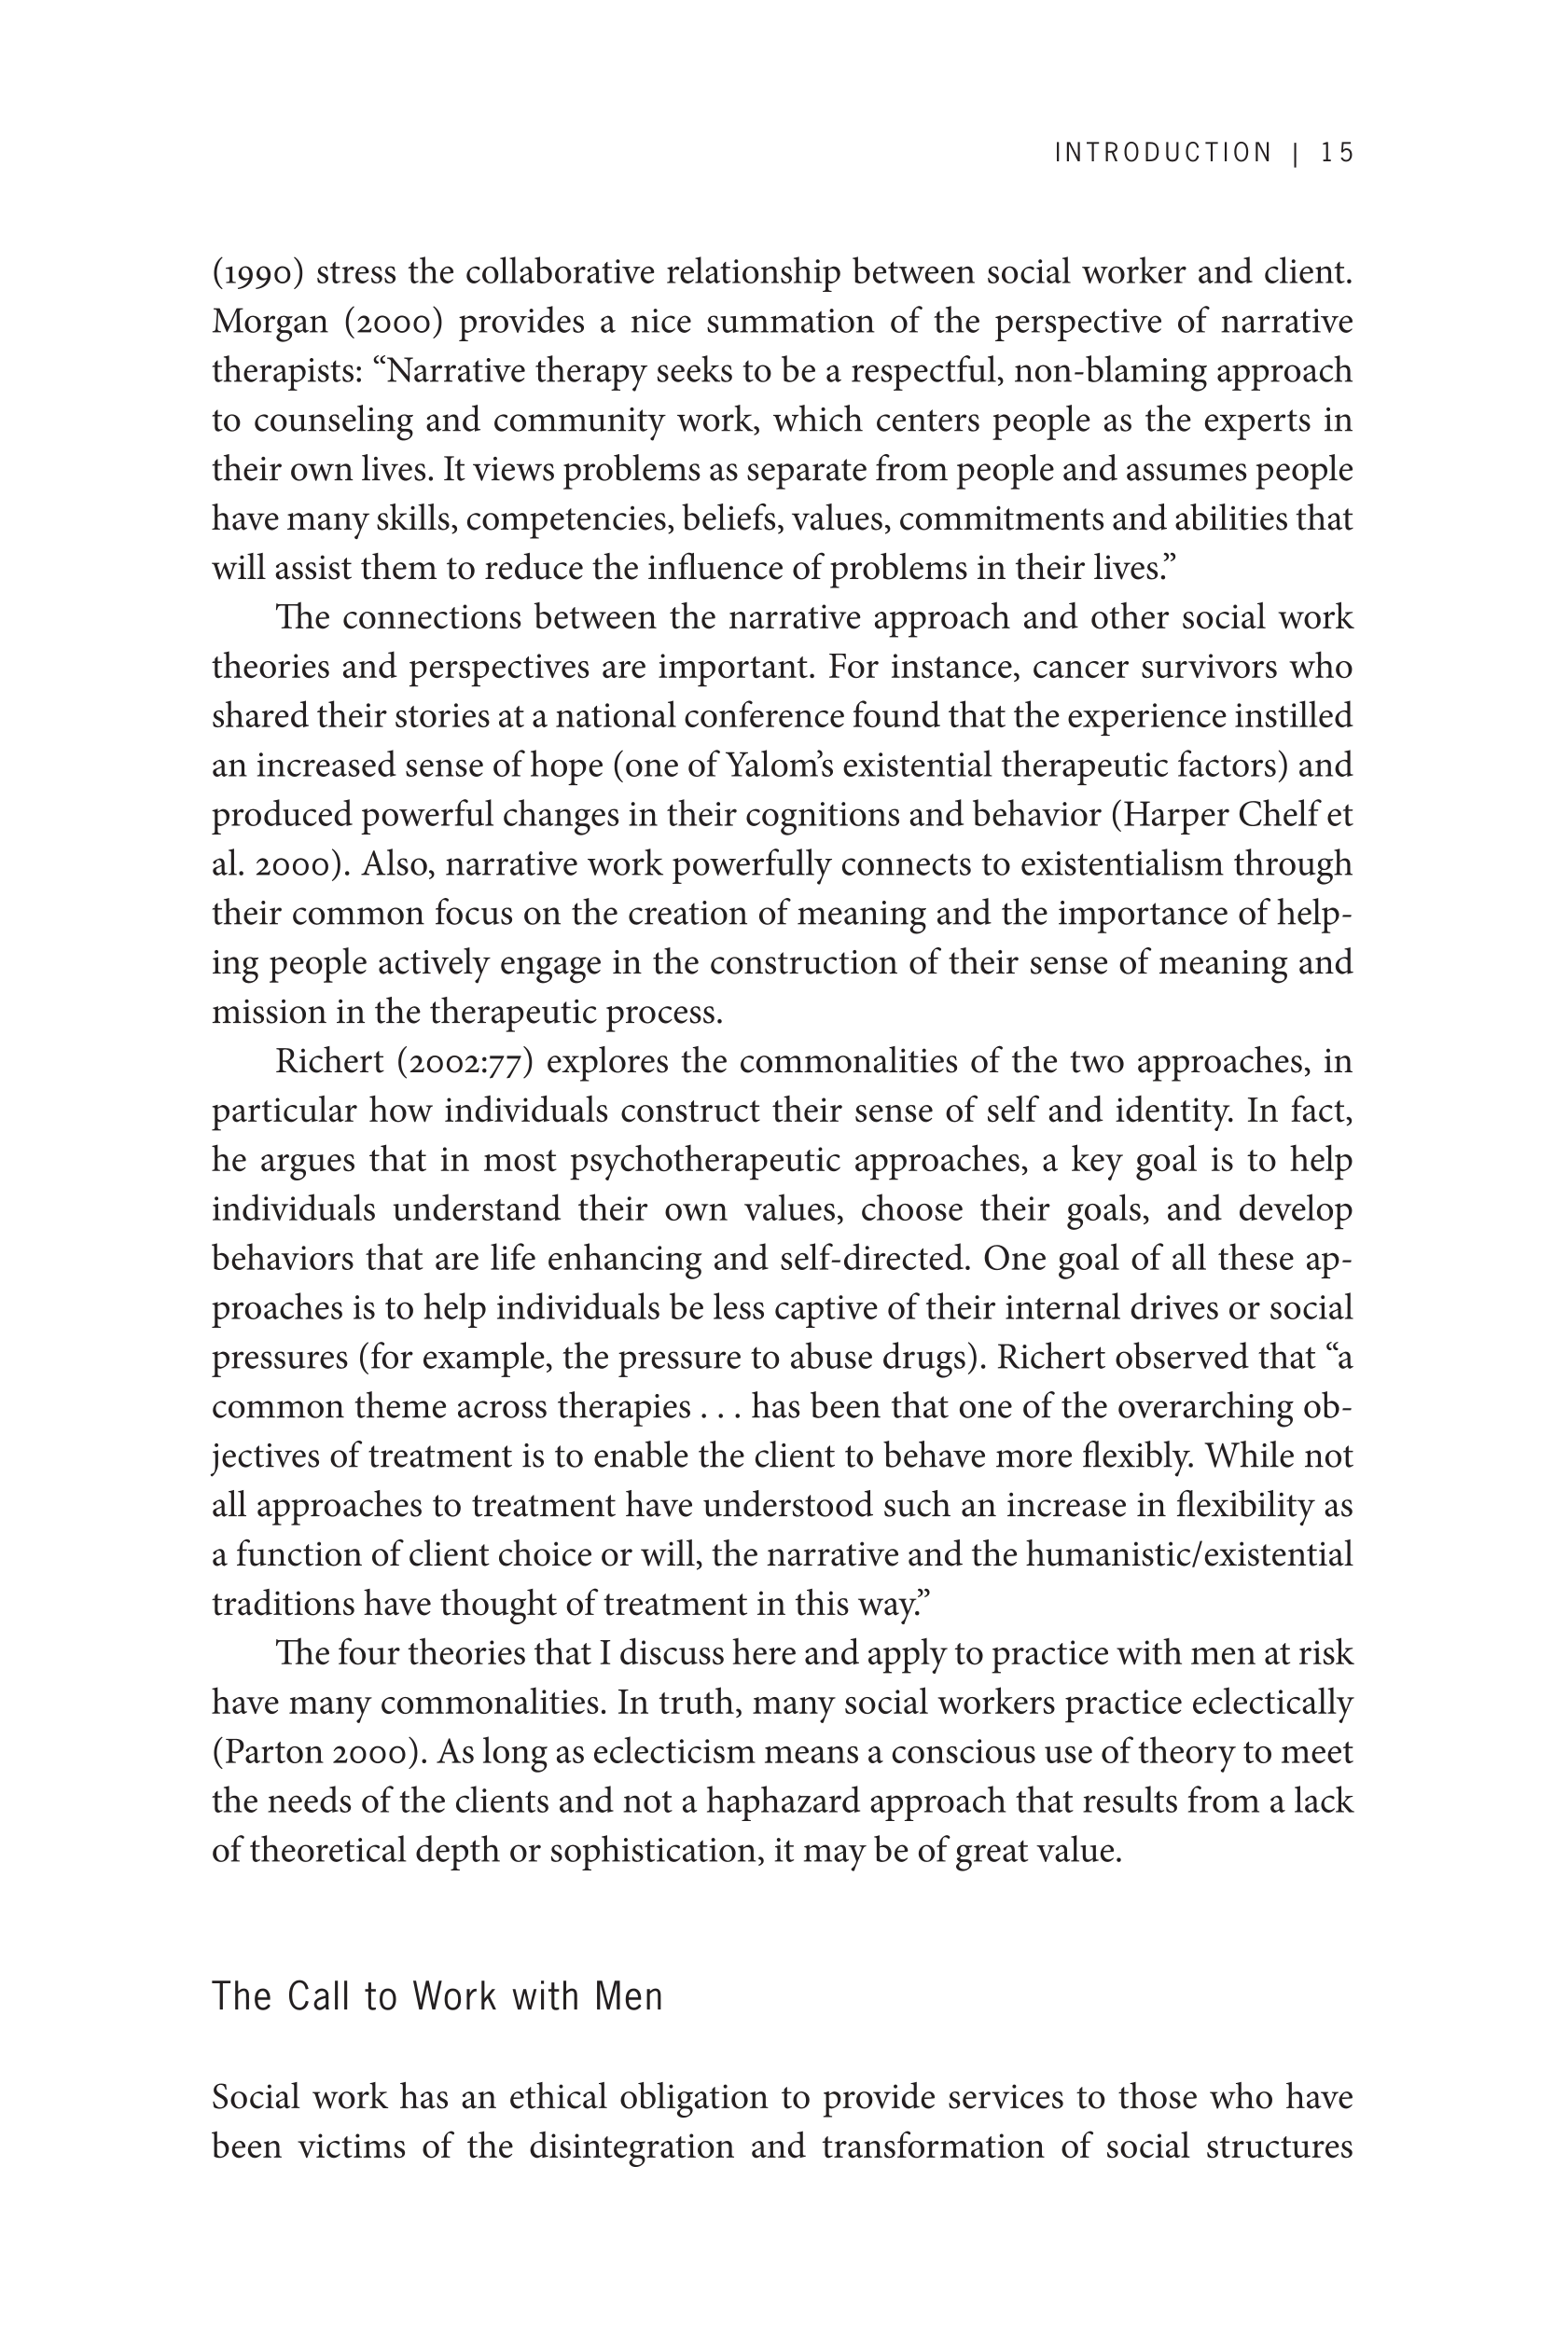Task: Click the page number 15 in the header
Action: coord(1337,153)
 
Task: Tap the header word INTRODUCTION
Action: coord(1162,153)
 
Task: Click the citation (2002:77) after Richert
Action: coord(465,1062)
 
